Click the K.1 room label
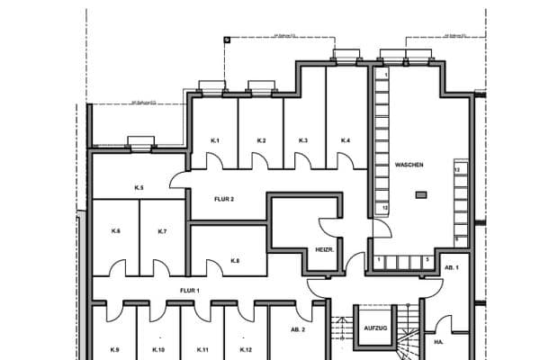coord(216,141)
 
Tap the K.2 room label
coord(261,141)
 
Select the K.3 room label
coord(303,141)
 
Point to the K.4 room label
coord(346,141)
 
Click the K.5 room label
coord(139,187)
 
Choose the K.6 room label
coord(116,232)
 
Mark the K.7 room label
coord(162,232)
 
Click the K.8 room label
coord(235,261)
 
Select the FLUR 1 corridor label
coord(189,291)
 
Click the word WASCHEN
coord(409,166)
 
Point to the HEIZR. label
coord(325,249)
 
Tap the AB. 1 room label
coord(451,268)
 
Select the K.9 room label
coord(115,349)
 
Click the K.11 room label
coord(202,349)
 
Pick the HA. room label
coord(438,343)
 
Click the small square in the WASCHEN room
coord(420,193)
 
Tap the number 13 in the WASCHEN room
coord(457,169)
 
